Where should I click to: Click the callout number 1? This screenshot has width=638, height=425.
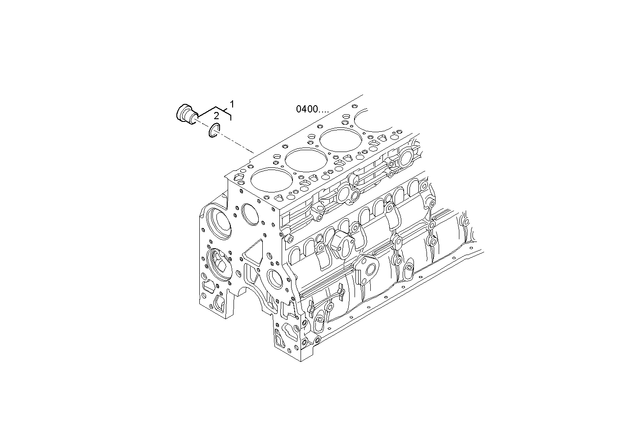pyautogui.click(x=232, y=104)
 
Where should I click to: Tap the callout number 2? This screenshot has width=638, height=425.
pyautogui.click(x=216, y=116)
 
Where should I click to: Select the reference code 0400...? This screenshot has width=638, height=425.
pyautogui.click(x=312, y=109)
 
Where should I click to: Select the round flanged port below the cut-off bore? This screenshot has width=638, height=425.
pyautogui.click(x=406, y=157)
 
